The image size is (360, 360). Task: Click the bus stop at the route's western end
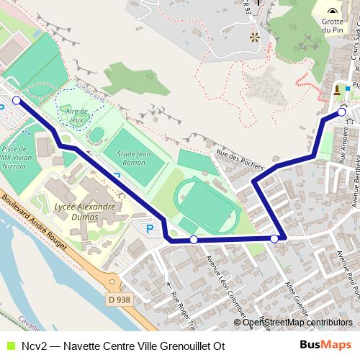pos(17,101)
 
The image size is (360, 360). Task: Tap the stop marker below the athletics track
pos(193,239)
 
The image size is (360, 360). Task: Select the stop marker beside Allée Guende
pos(274,238)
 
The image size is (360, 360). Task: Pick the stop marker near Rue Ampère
pos(341,112)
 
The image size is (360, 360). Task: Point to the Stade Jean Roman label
pos(132,157)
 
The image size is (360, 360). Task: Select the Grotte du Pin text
pos(332,26)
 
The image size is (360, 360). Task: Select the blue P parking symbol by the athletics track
pos(150,229)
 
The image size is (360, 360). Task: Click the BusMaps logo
pos(325,345)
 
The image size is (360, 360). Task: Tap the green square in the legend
pos(9,346)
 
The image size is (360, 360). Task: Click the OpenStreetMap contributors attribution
pos(297,323)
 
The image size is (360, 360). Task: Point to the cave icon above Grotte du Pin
pos(332,12)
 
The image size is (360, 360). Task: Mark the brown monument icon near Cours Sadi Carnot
pos(338,90)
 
